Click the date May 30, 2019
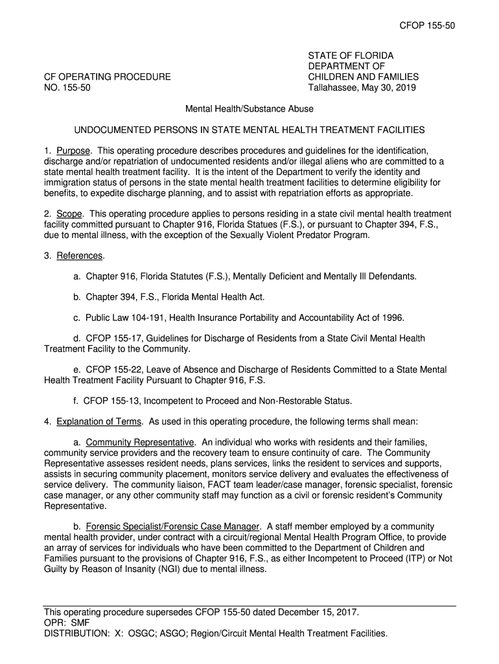388,88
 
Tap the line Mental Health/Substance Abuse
249,109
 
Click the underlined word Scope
69,214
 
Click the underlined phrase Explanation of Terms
99,421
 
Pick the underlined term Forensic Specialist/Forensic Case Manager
173,527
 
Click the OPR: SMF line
67,622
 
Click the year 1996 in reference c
391,318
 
